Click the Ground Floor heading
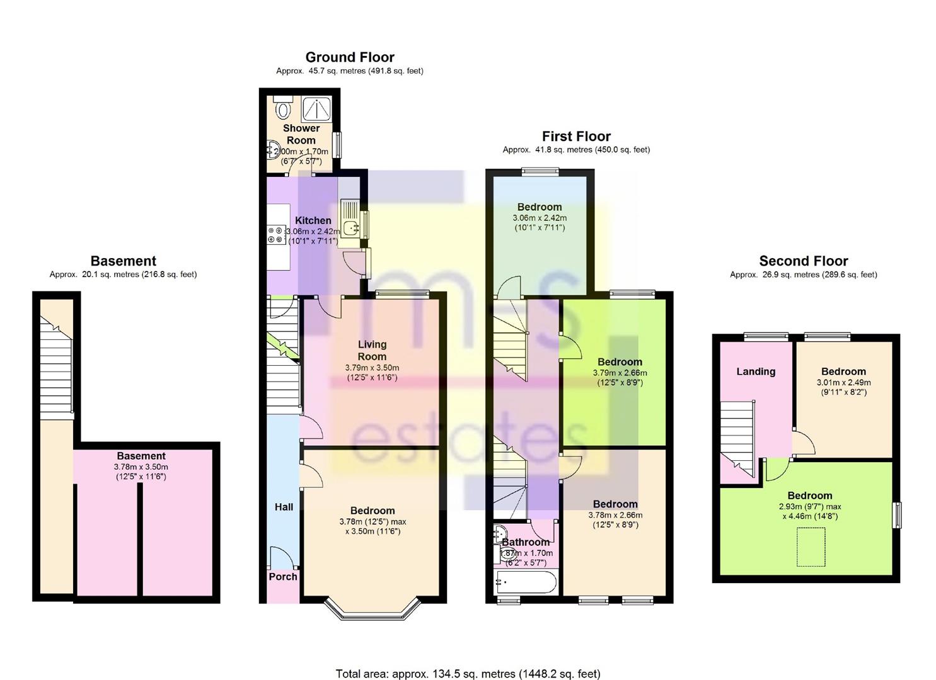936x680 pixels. coord(350,57)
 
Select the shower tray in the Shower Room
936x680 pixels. coord(318,109)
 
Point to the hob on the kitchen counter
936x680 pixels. coord(275,235)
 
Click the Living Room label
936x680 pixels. coord(372,350)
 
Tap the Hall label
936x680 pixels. coord(284,507)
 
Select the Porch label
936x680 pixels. coord(283,577)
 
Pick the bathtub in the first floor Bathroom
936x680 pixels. coord(526,582)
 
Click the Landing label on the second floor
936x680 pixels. coord(756,371)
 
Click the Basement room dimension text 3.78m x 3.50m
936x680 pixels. coord(141,467)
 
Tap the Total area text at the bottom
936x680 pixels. coord(468,674)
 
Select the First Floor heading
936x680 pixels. coord(576,137)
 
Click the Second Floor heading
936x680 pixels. coord(803,261)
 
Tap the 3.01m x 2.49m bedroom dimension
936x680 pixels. coord(843,382)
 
